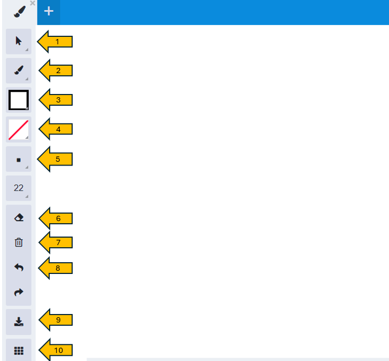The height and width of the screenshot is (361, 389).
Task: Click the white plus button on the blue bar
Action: tap(49, 11)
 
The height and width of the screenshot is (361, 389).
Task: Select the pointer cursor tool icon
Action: tap(19, 41)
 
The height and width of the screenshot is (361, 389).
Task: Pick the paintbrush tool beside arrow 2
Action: tap(19, 70)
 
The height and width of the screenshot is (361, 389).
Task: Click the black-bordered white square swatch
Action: tap(19, 100)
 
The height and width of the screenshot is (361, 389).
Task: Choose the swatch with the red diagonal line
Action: tap(19, 130)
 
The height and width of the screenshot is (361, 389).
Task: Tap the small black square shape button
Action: tap(19, 160)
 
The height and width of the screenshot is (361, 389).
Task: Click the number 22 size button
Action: tap(19, 188)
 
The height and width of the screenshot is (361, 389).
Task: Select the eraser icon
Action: tap(19, 218)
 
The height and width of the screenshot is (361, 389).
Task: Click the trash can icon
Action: tap(19, 242)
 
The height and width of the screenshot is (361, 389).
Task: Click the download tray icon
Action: tap(19, 321)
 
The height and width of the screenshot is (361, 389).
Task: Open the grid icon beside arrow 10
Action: tap(19, 350)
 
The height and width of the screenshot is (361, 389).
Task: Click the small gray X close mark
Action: tap(33, 3)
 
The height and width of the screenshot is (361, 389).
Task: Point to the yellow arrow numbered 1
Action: tap(55, 42)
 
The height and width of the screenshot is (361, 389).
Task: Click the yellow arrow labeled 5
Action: tap(55, 159)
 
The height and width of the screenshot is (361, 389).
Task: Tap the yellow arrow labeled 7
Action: tap(56, 242)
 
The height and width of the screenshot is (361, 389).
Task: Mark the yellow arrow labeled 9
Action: tap(56, 320)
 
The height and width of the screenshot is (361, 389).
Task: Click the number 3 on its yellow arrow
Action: tap(58, 100)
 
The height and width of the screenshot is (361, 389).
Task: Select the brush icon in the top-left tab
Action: tap(20, 12)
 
